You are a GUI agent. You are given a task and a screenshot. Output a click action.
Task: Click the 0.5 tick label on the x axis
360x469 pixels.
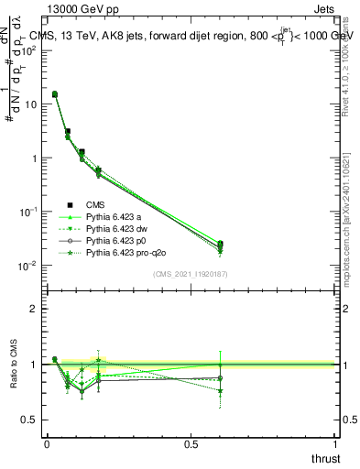pos(191,443)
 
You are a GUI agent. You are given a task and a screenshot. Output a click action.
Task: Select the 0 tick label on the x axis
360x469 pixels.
pos(47,443)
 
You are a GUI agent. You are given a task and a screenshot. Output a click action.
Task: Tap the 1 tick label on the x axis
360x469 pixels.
pos(335,443)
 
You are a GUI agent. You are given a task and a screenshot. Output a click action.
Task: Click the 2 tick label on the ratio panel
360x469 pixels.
pos(33,310)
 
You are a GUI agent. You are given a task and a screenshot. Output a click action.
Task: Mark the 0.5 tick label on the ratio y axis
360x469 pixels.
pos(28,419)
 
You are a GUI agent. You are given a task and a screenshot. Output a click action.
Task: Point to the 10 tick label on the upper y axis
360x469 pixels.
pos(30,104)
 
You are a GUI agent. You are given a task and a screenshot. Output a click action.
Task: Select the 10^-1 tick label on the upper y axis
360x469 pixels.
pos(28,212)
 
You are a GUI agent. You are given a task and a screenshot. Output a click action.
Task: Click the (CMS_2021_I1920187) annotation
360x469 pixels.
pos(191,274)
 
